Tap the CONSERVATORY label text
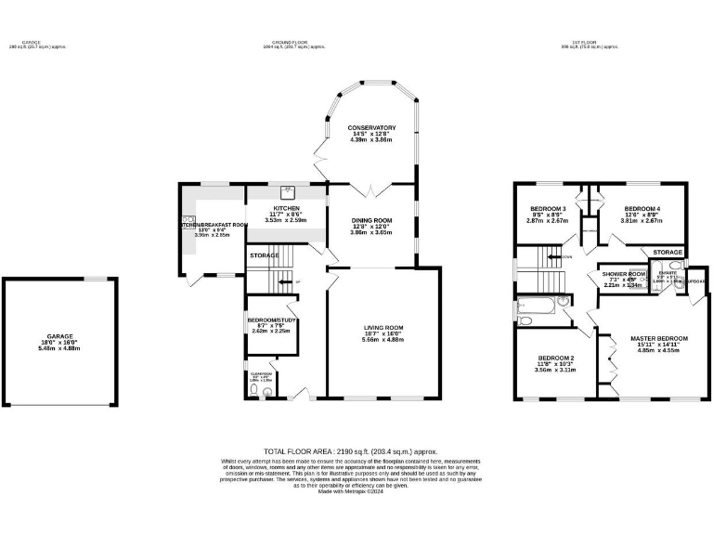(372, 128)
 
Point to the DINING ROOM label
(370, 220)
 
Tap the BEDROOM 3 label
(548, 209)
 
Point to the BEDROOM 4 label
(642, 209)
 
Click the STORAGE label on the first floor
(668, 253)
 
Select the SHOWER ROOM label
(624, 274)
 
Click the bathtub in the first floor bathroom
(538, 303)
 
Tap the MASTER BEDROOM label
(659, 338)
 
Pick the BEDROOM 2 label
(555, 358)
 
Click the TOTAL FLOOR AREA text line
(350, 450)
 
